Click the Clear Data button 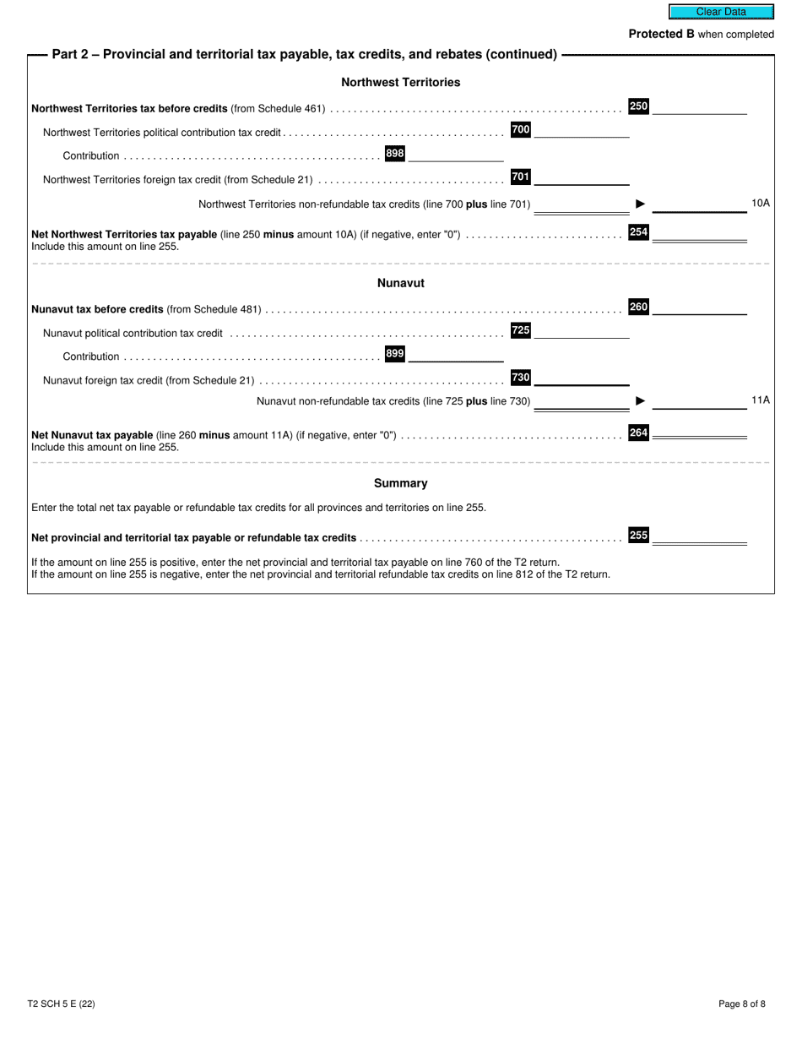pos(721,12)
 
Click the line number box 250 pos(638,106)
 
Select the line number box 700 pos(521,130)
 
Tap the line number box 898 pos(394,154)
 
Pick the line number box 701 pos(521,177)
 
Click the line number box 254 pos(638,232)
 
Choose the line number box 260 pos(638,307)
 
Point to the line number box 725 pos(521,331)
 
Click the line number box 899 pos(394,355)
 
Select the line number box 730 pos(521,378)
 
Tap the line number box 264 pos(638,433)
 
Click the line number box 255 pos(638,536)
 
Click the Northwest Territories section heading pos(400,83)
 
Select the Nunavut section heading pos(400,283)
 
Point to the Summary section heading pos(400,484)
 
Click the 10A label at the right pos(760,204)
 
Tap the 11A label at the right pos(760,400)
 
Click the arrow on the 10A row pos(641,204)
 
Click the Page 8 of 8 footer pos(742,1004)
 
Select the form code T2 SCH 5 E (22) pos(61,1004)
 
